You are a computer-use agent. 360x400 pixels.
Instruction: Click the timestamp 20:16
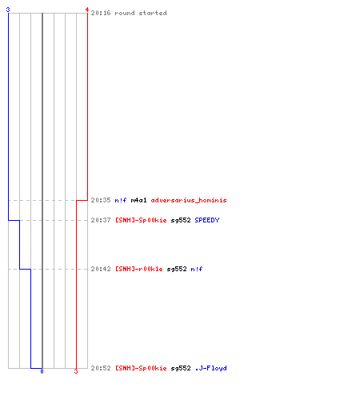pos(101,13)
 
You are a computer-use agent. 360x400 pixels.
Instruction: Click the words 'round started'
pos(141,13)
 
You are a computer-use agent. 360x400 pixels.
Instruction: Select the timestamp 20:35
pos(101,200)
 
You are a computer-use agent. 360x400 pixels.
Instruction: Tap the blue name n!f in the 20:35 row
pos(121,200)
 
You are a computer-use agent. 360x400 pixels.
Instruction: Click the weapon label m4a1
pos(138,200)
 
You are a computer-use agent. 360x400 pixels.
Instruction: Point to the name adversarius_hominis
pos(189,200)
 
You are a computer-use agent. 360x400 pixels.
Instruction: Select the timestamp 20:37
pos(101,220)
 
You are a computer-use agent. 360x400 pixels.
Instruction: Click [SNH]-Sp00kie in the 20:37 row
pos(141,220)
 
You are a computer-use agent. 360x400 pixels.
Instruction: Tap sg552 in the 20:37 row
pos(181,220)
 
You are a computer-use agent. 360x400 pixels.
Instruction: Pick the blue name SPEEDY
pos(207,220)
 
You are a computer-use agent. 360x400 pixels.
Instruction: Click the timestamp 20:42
pos(101,269)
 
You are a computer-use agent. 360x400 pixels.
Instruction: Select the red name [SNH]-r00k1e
pos(139,269)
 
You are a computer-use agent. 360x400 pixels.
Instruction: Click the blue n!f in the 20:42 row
pos(197,269)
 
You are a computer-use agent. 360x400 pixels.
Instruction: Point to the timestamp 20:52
pos(101,368)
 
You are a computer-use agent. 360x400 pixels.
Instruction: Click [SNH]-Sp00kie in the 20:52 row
pos(141,368)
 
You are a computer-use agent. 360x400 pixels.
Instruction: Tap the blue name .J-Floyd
pos(211,368)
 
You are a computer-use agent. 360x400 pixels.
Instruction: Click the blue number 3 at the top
pos(8,10)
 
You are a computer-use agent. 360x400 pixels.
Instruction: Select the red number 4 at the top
pos(87,10)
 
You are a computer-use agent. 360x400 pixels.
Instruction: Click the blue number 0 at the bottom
pos(42,371)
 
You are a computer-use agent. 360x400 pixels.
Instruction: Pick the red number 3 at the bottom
pos(76,371)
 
